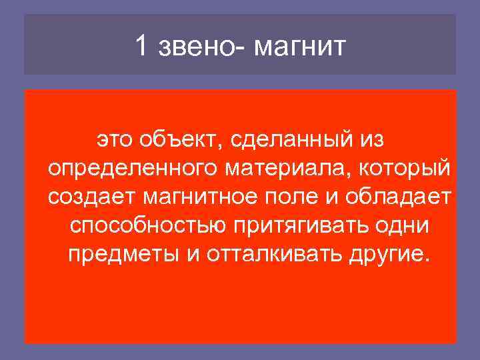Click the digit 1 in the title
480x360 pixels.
[x=140, y=46]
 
